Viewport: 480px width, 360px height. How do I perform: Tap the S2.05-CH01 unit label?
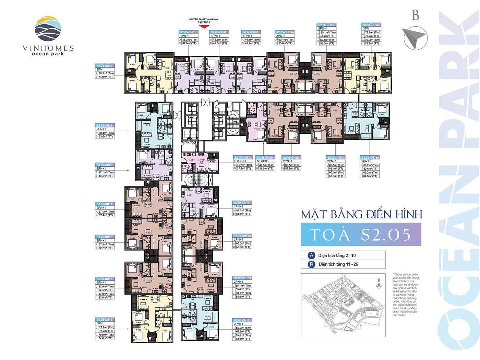click(188, 32)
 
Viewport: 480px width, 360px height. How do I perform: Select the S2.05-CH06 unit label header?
click(371, 25)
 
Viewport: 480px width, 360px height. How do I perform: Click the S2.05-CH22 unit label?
click(105, 65)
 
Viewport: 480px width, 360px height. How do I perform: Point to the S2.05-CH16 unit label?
click(105, 320)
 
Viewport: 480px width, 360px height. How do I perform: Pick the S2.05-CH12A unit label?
click(242, 236)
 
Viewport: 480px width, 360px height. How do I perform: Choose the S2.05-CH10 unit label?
click(265, 157)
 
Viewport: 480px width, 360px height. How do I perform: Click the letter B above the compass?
click(416, 16)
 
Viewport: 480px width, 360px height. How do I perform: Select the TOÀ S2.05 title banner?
click(361, 235)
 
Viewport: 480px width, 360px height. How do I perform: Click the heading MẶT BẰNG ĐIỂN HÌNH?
click(361, 215)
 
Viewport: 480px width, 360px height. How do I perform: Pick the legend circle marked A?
click(311, 255)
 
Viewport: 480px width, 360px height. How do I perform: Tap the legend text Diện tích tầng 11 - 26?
click(338, 264)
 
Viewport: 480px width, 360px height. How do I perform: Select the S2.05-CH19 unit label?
click(105, 204)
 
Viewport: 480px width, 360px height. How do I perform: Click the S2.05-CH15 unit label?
click(242, 320)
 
